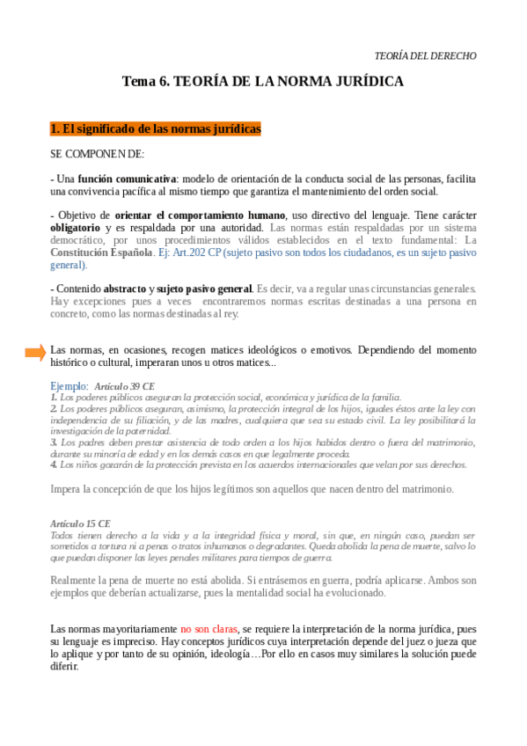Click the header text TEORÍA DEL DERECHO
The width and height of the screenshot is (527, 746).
click(x=425, y=55)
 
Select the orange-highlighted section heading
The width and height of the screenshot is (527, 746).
click(x=156, y=129)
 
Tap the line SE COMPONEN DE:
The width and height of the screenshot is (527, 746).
click(x=98, y=154)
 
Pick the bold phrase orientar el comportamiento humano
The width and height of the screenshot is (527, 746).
click(x=200, y=215)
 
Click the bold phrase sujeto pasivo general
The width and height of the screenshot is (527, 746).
click(x=203, y=289)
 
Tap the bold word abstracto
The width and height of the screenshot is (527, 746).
click(x=125, y=289)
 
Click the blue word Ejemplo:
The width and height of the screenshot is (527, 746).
click(x=70, y=385)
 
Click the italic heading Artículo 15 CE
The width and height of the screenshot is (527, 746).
click(x=80, y=523)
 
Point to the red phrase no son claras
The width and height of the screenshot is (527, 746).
click(x=209, y=629)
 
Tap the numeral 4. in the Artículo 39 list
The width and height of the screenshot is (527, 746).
click(x=54, y=464)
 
